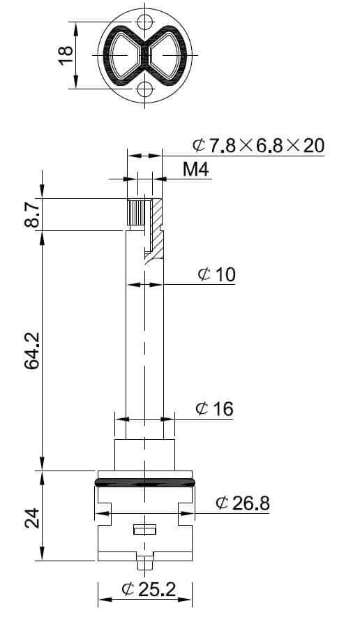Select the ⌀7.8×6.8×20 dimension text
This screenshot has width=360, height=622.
pyautogui.click(x=259, y=145)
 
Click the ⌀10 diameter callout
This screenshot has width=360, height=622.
pyautogui.click(x=217, y=274)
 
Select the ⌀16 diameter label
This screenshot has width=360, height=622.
pyautogui.click(x=215, y=408)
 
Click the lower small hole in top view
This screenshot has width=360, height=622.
pyautogui.click(x=145, y=89)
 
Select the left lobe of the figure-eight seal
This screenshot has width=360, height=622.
pyautogui.click(x=123, y=54)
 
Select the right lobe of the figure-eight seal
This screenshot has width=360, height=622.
pyautogui.click(x=167, y=54)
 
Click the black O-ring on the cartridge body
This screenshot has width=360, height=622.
pyautogui.click(x=144, y=481)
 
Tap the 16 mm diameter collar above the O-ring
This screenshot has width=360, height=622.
pyautogui.click(x=144, y=453)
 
